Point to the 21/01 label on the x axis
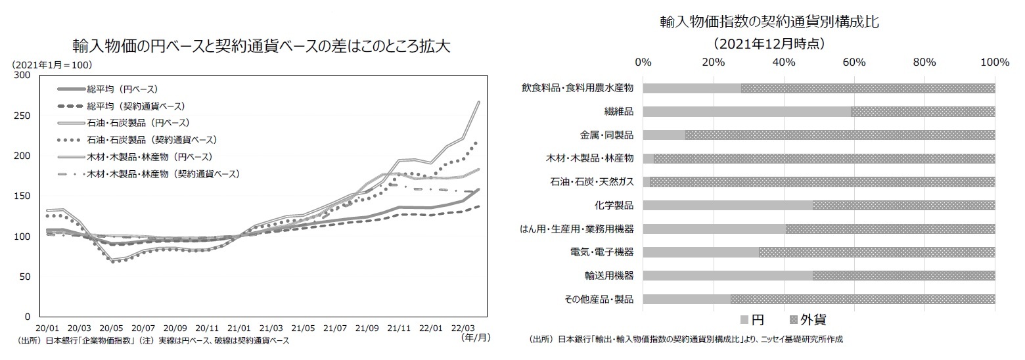tap(239, 327)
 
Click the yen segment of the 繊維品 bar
tap(746, 112)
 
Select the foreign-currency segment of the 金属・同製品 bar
tap(840, 135)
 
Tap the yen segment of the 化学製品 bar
tap(727, 205)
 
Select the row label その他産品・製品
tap(599, 300)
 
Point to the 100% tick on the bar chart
tap(994, 62)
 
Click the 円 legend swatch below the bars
tap(744, 320)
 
